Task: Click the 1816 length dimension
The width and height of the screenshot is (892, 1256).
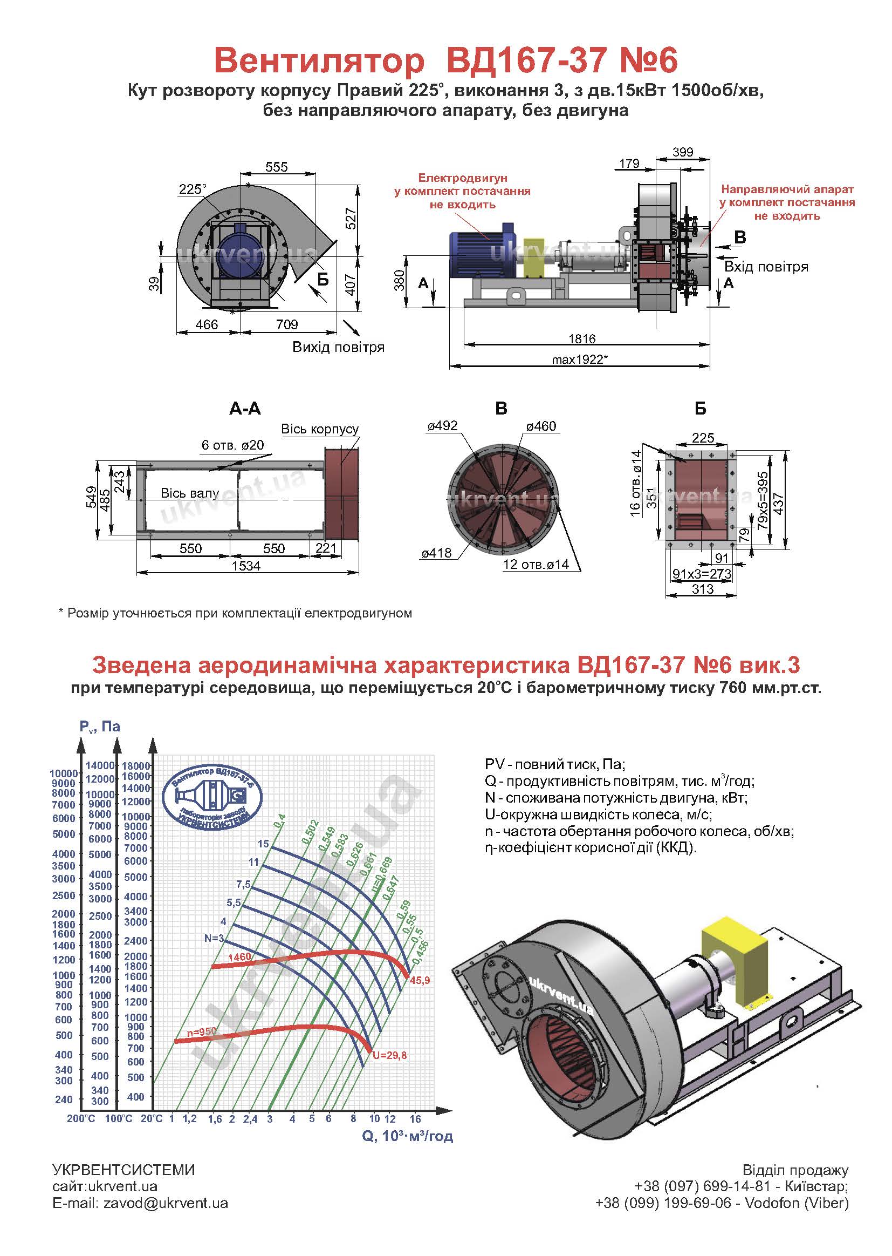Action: (582, 338)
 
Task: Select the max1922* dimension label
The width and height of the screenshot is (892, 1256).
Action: (580, 360)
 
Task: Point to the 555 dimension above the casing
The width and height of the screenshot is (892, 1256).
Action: (276, 167)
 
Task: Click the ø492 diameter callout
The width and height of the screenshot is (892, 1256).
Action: (442, 426)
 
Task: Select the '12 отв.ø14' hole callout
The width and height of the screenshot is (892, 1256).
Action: (536, 565)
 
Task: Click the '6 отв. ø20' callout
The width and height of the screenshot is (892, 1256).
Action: (232, 445)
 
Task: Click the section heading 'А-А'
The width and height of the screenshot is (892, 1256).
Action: (245, 409)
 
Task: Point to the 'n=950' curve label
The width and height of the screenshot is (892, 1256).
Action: (201, 1033)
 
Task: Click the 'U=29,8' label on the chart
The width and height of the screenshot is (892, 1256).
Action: (389, 1055)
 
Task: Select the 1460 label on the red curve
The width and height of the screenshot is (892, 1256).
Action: (239, 957)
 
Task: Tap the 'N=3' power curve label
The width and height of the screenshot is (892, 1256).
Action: (214, 938)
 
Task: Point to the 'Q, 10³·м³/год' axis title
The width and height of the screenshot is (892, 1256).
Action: (407, 1136)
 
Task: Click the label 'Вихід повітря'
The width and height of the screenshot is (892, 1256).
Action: (338, 348)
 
